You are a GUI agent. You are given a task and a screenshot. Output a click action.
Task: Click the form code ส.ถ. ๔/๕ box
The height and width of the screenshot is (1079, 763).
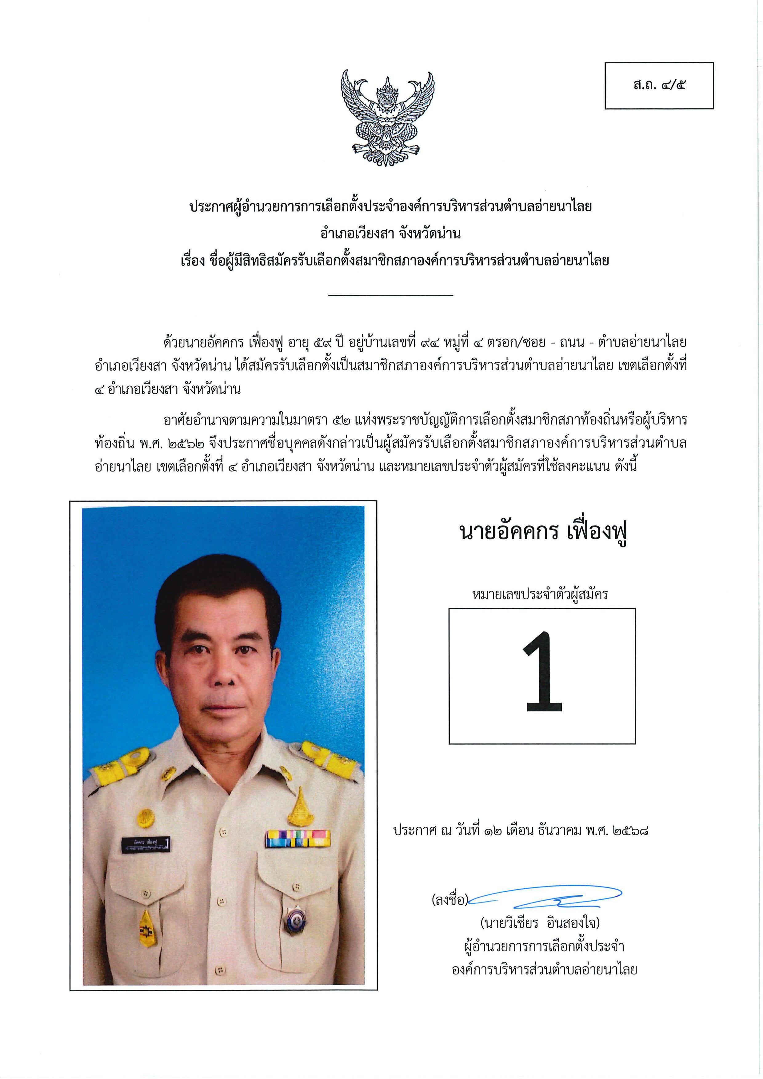659,86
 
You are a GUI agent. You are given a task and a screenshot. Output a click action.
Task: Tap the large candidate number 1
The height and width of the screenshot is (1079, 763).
543,672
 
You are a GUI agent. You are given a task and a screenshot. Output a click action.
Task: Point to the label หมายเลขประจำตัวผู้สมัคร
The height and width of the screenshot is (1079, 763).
540,595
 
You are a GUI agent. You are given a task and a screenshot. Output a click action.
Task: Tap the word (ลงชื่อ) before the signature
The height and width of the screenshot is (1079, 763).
449,900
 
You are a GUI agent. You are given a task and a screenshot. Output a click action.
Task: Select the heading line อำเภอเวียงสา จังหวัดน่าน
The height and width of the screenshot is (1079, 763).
390,233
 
